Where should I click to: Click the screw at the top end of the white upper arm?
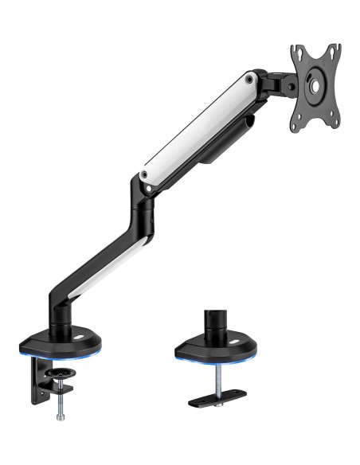pyautogui.click(x=250, y=79)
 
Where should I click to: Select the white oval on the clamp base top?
pyautogui.click(x=80, y=338)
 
